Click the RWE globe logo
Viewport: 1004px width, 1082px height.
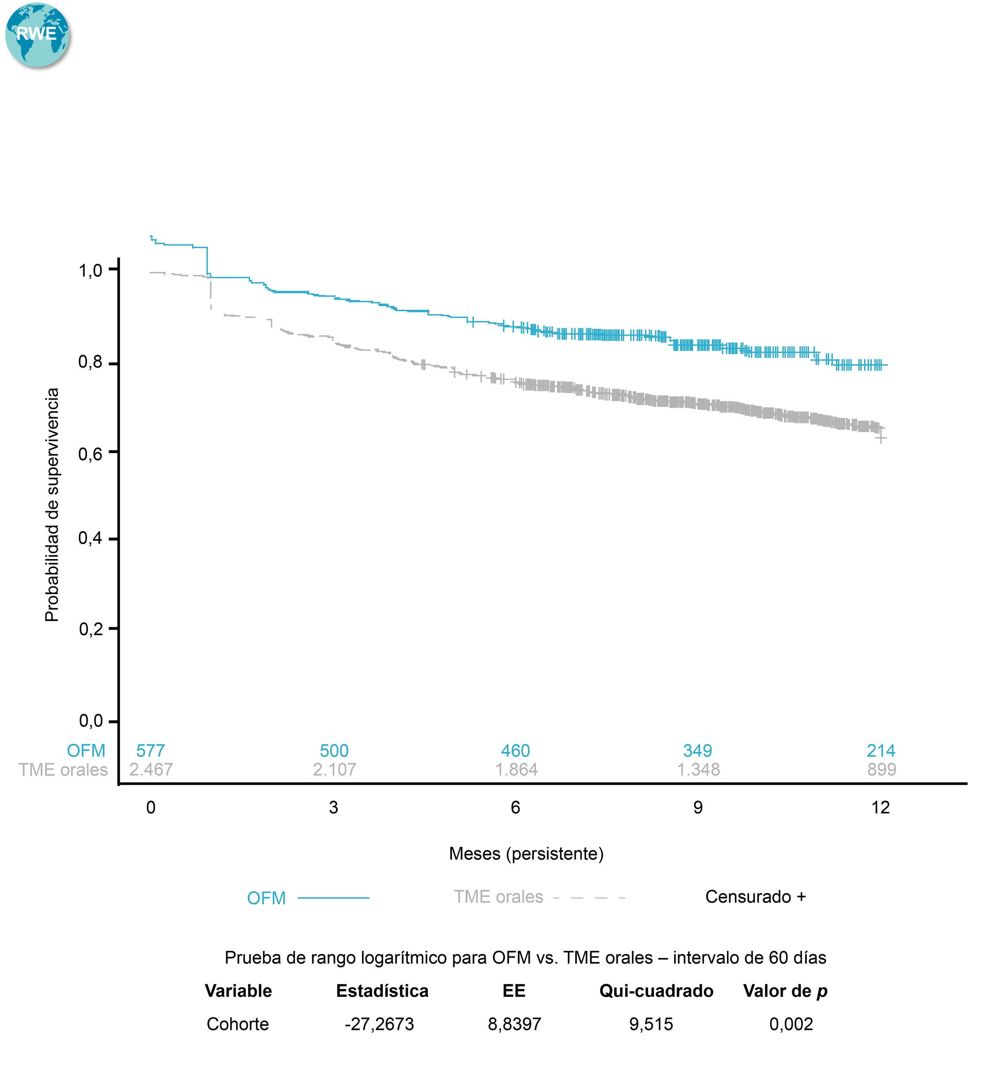pyautogui.click(x=37, y=35)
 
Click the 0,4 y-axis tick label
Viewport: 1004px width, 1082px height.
pyautogui.click(x=90, y=538)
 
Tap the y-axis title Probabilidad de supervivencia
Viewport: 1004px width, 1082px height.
pyautogui.click(x=52, y=504)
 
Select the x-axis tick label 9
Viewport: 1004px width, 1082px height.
pyautogui.click(x=698, y=808)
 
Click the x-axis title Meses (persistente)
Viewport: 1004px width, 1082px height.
pyautogui.click(x=526, y=854)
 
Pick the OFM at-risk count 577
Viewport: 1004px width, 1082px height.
pyautogui.click(x=150, y=750)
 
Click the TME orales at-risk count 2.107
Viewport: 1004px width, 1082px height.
pyautogui.click(x=334, y=770)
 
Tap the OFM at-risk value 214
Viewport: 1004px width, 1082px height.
pyautogui.click(x=881, y=750)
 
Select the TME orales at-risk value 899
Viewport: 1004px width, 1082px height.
pyautogui.click(x=881, y=770)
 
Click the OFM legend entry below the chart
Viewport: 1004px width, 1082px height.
pyautogui.click(x=308, y=898)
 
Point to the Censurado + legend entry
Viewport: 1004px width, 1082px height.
pyautogui.click(x=755, y=897)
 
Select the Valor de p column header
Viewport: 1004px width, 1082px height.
pyautogui.click(x=785, y=991)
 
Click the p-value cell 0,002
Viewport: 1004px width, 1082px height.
pyautogui.click(x=791, y=1024)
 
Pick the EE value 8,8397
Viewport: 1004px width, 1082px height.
pyautogui.click(x=515, y=1024)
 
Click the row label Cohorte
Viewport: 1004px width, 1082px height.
pyautogui.click(x=238, y=1024)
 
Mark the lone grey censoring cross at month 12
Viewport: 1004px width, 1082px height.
pyautogui.click(x=881, y=437)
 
